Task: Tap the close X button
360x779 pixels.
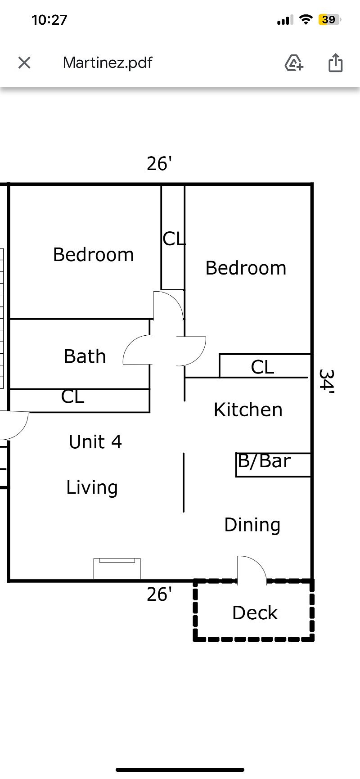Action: (x=24, y=63)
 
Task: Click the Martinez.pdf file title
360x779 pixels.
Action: (x=108, y=63)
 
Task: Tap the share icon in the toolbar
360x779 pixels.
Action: (x=335, y=63)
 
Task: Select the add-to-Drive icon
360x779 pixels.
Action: (x=294, y=63)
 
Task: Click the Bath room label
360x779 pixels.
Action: (x=85, y=356)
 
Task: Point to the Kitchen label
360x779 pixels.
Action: (x=248, y=410)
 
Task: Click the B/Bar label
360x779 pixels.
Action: (x=264, y=461)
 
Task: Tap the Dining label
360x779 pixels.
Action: (x=252, y=525)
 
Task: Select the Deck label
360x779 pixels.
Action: (x=255, y=613)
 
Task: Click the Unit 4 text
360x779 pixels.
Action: (x=95, y=442)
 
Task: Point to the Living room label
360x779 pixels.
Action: (x=92, y=488)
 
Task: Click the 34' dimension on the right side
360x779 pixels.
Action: (x=326, y=382)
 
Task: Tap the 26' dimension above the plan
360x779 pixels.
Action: (x=160, y=164)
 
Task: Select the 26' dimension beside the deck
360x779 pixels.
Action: (x=160, y=594)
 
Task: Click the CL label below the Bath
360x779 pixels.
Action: (x=72, y=397)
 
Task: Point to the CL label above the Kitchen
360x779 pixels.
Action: (x=262, y=367)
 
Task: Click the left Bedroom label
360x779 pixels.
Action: (x=93, y=255)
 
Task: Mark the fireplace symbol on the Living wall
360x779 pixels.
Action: (x=117, y=568)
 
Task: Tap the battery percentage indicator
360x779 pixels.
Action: (x=329, y=20)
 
